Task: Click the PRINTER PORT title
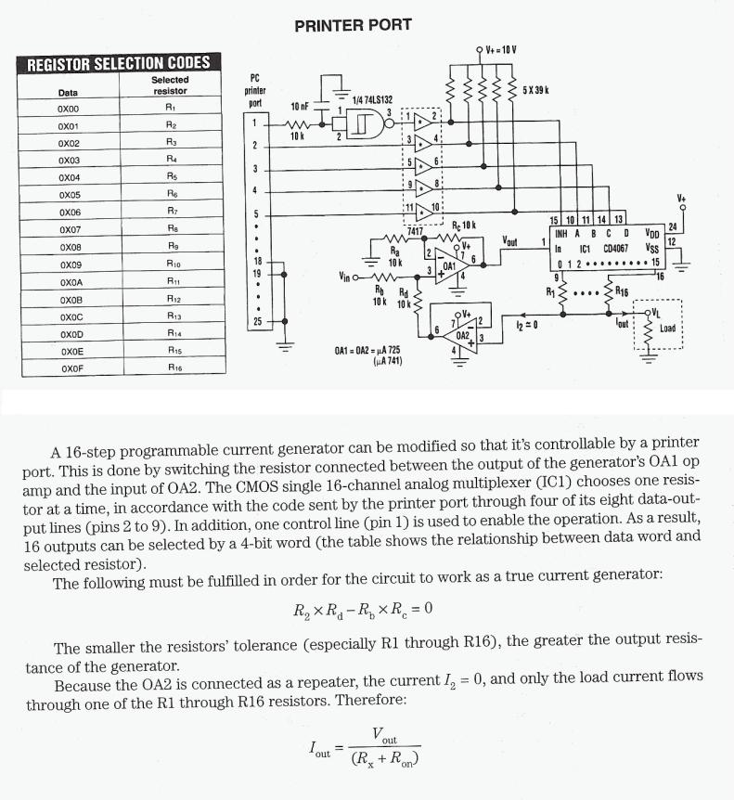353,25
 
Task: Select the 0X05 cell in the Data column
69,195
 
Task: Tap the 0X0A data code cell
69,282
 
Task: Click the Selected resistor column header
170,85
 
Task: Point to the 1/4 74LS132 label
374,98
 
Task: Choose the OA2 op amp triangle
464,331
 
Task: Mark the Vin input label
346,276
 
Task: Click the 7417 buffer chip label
415,229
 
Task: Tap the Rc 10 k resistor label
463,226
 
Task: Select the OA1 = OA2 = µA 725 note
367,350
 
